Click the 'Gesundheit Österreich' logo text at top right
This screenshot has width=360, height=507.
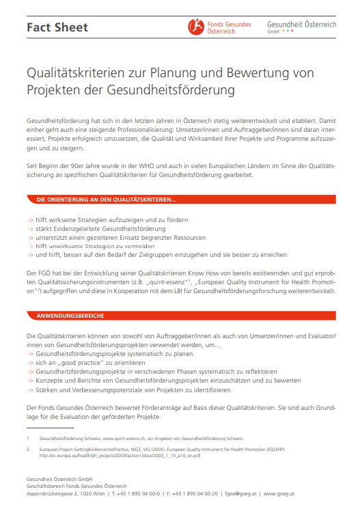tap(302, 24)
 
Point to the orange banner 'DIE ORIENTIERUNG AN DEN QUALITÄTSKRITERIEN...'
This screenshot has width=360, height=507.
tap(106, 200)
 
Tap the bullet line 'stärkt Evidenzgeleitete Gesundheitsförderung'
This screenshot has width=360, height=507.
tap(100, 229)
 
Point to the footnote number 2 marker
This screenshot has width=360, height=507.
tap(28, 450)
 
